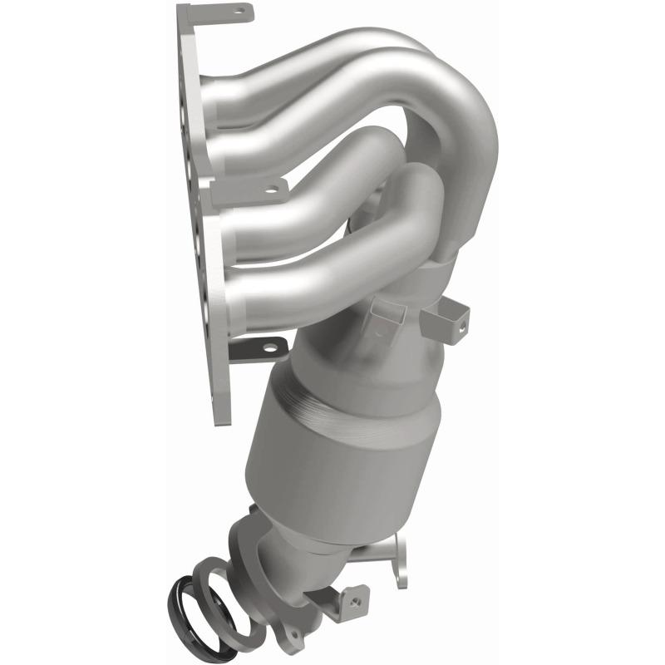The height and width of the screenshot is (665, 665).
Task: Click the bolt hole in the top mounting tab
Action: [x=241, y=12]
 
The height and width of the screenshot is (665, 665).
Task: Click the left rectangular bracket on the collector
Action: [x=384, y=319]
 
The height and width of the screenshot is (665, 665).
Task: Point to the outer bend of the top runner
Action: [x=465, y=125]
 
